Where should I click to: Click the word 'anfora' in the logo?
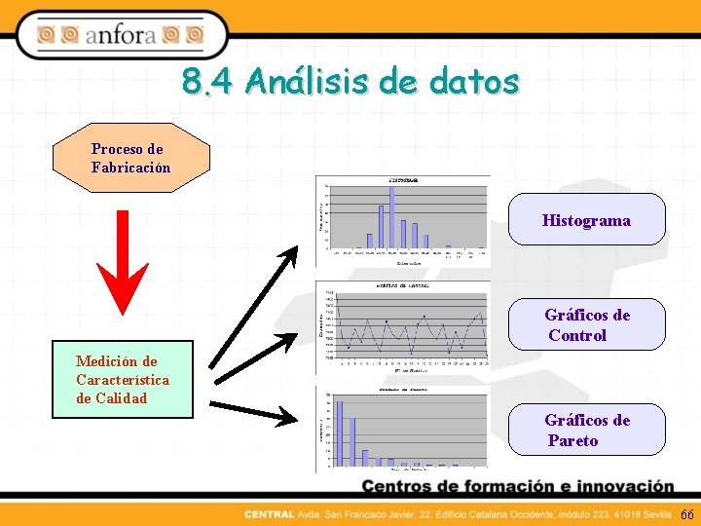120,36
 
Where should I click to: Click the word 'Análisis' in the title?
305,82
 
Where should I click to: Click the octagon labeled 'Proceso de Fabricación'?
131,158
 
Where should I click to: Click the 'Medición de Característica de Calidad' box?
123,380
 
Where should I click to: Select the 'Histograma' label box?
587,219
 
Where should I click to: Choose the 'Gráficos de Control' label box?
587,324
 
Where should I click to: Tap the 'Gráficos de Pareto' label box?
587,430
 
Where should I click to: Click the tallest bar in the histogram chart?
392,216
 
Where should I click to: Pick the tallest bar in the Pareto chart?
340,433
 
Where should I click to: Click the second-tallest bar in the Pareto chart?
352,441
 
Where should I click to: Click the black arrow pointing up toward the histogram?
253,310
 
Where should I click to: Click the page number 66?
687,514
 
